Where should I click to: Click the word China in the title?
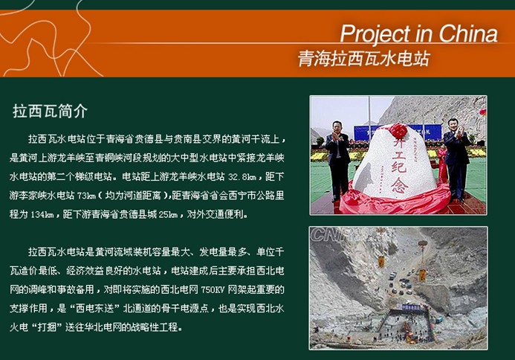pyautogui.click(x=467, y=33)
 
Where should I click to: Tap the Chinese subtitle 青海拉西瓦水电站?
pyautogui.click(x=364, y=59)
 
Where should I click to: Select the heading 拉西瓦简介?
pyautogui.click(x=50, y=111)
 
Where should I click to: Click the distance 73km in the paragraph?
pyautogui.click(x=86, y=196)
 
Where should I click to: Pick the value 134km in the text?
pyautogui.click(x=42, y=215)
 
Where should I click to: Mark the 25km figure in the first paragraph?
pyautogui.click(x=168, y=215)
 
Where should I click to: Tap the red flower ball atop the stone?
pyautogui.click(x=398, y=131)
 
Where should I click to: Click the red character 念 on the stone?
pyautogui.click(x=400, y=185)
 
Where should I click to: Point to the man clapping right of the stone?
pyautogui.click(x=456, y=160)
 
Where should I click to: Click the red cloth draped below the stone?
pyautogui.click(x=394, y=201)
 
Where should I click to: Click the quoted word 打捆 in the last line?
pyautogui.click(x=48, y=327)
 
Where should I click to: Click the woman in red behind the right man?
pyautogui.click(x=442, y=164)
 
